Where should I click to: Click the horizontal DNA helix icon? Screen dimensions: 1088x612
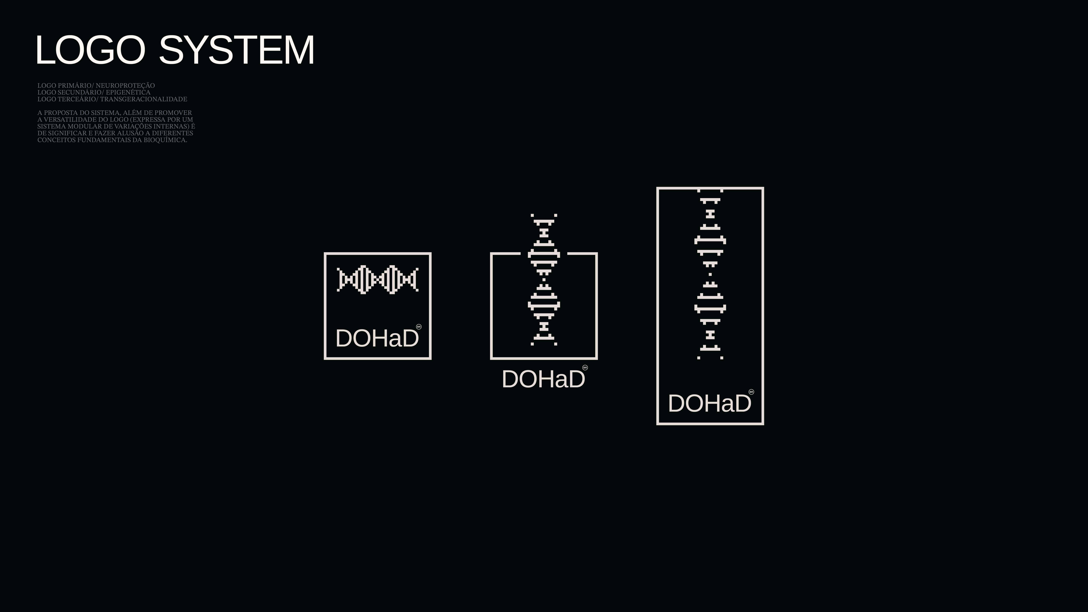tap(378, 280)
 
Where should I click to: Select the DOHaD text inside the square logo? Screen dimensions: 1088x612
tap(377, 338)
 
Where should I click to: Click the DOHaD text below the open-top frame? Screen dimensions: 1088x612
tap(543, 379)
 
